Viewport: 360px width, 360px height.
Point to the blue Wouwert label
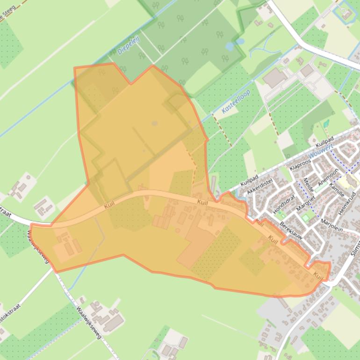(320, 151)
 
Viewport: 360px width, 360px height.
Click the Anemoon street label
(328, 177)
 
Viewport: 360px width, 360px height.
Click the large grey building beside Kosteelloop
(275, 78)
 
